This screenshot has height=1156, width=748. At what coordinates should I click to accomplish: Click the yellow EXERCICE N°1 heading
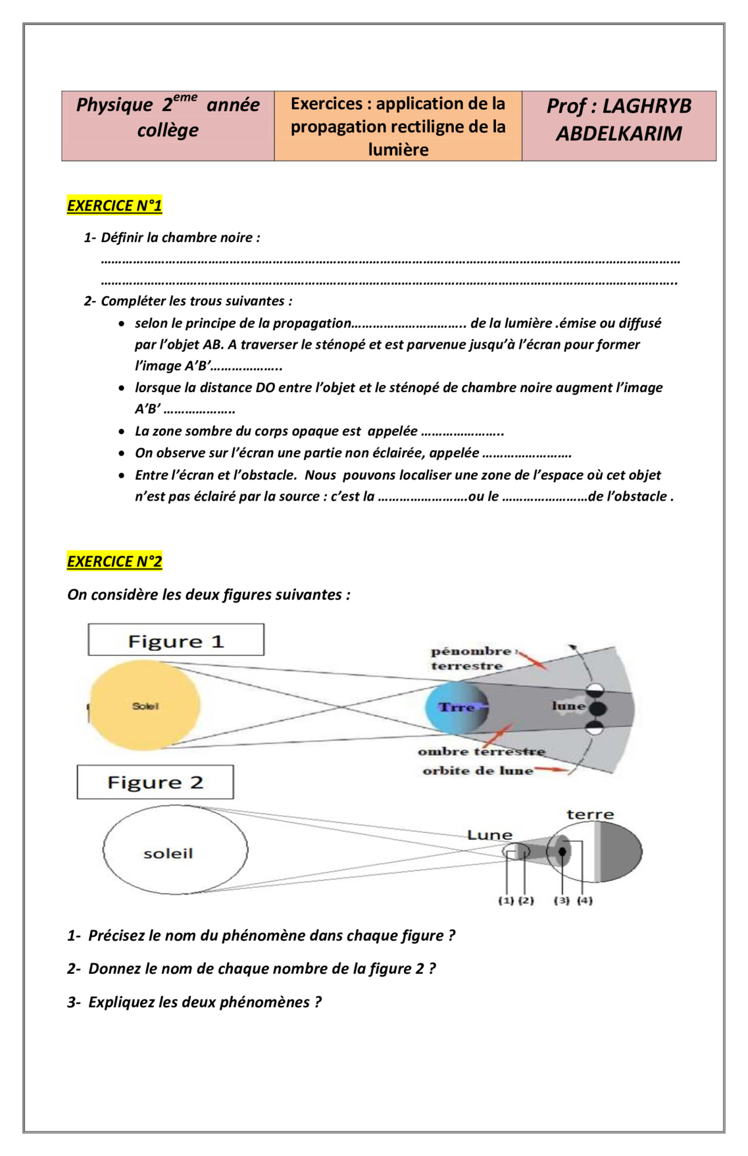tap(114, 206)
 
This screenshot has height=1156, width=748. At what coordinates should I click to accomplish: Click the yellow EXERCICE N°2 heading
tap(114, 561)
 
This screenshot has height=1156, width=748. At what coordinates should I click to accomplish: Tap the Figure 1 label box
tap(176, 640)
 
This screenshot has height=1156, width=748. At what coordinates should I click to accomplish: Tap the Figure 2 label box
tap(155, 782)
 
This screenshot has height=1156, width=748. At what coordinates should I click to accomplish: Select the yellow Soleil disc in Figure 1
tap(145, 706)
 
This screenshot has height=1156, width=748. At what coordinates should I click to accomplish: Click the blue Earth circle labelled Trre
tap(457, 708)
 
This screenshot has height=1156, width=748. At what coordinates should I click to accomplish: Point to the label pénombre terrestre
tap(470, 658)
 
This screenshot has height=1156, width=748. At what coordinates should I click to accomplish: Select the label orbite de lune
tap(478, 770)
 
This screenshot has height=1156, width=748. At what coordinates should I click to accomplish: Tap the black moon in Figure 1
tap(597, 709)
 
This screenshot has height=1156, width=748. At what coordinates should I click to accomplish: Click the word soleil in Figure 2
tap(168, 853)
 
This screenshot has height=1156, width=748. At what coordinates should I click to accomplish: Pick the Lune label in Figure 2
tap(489, 835)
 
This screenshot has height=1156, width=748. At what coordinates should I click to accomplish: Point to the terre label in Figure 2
tap(590, 815)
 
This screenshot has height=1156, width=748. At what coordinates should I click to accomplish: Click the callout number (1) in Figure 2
tap(506, 900)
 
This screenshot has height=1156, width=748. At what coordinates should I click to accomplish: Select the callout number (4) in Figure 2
tap(585, 900)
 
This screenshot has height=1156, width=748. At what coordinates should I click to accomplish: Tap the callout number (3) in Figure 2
tap(561, 900)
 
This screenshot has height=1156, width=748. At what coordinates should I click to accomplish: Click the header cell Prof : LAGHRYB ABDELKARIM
tap(619, 120)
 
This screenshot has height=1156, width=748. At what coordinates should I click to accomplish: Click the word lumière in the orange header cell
tap(398, 150)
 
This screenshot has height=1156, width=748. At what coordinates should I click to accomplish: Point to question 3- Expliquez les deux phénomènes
tap(195, 1002)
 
